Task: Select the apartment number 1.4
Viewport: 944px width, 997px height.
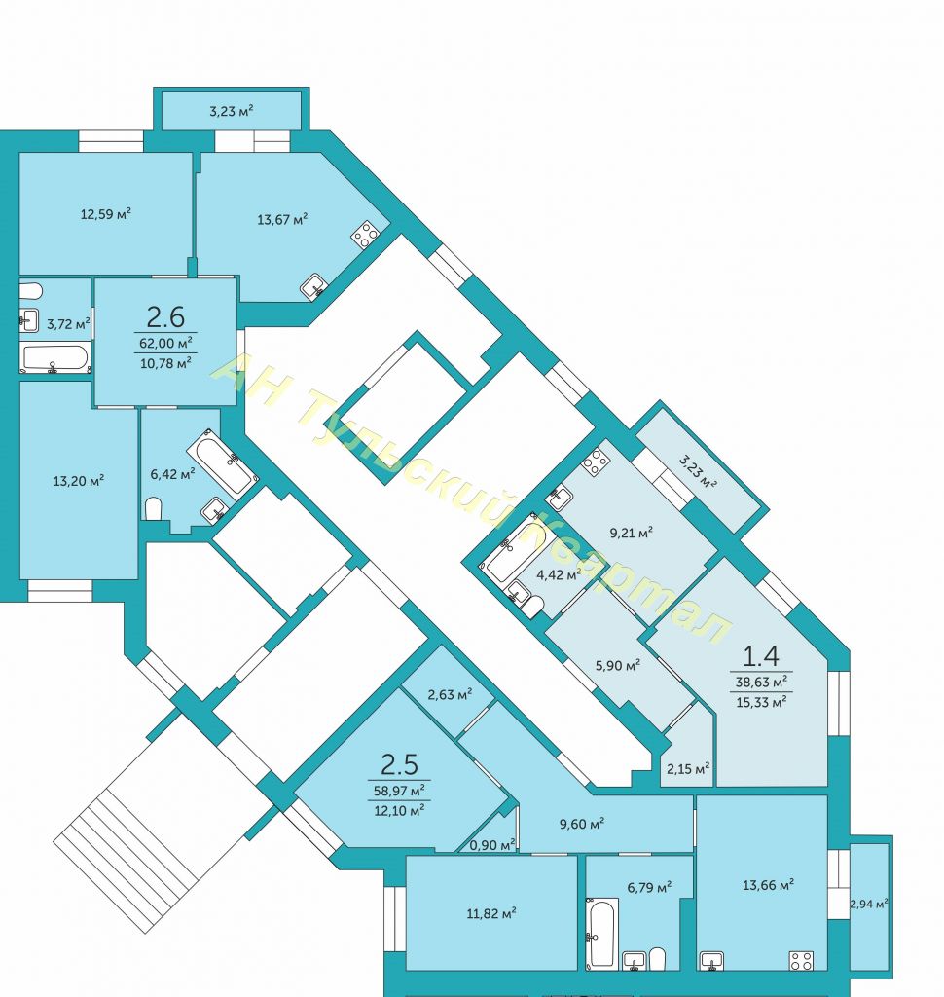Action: pyautogui.click(x=761, y=654)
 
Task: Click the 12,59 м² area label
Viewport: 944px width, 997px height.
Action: pyautogui.click(x=105, y=214)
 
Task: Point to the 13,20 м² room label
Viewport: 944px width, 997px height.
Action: pyautogui.click(x=78, y=480)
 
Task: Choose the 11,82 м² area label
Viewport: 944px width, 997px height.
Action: pyautogui.click(x=490, y=912)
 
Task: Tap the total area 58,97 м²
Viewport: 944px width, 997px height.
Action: pyautogui.click(x=399, y=790)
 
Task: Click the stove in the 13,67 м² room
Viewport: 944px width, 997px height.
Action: pyautogui.click(x=366, y=234)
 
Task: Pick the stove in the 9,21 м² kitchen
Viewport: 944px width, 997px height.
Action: pyautogui.click(x=595, y=461)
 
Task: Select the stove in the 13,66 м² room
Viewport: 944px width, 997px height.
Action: pyautogui.click(x=801, y=960)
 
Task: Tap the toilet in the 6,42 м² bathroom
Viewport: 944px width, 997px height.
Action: pyautogui.click(x=154, y=508)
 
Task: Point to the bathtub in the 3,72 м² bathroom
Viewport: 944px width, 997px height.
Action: pyautogui.click(x=56, y=358)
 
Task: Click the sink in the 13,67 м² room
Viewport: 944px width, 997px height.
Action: pyautogui.click(x=314, y=286)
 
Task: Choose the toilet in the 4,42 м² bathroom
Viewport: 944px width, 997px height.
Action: pyautogui.click(x=531, y=606)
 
